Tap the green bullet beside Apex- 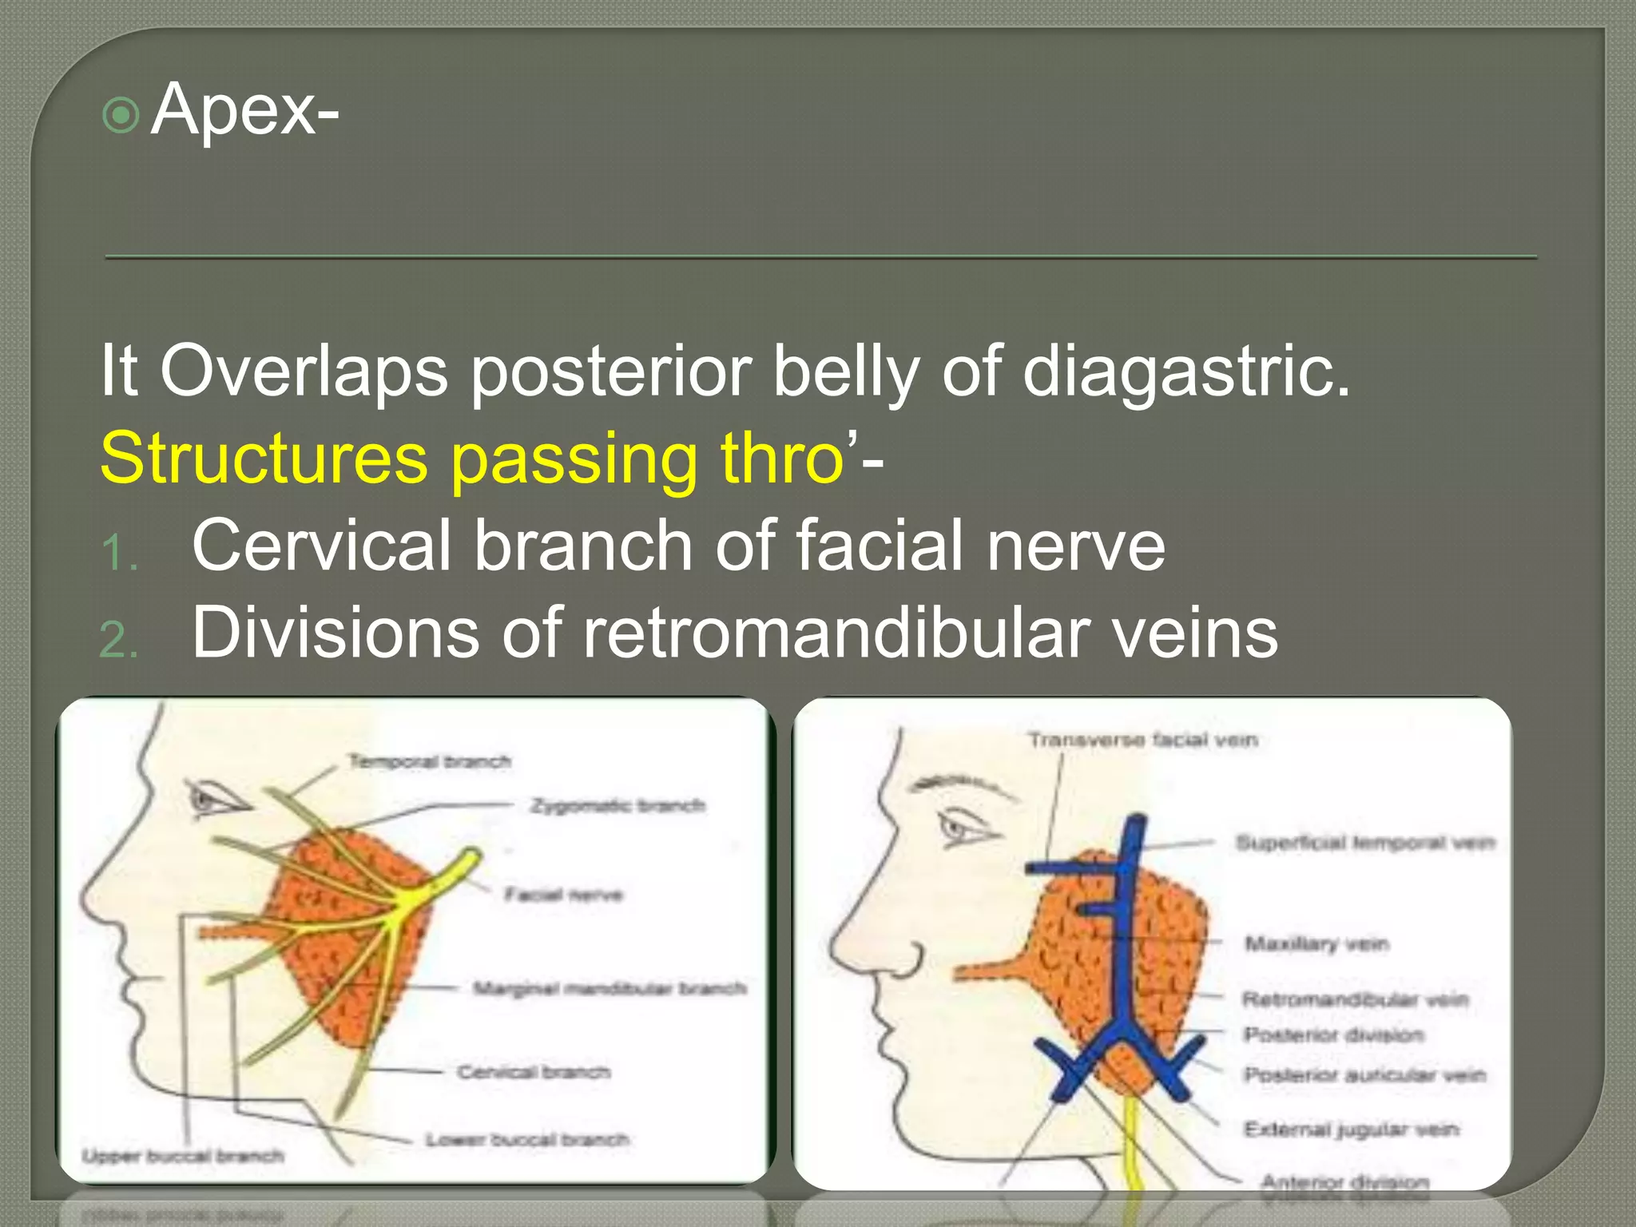pos(121,116)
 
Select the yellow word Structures pos(264,459)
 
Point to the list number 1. pos(120,553)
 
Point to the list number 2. pos(120,640)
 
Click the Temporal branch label pos(430,761)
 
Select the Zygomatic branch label pos(618,805)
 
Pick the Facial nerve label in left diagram pos(563,895)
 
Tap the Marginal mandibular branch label pos(610,989)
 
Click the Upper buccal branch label pos(183,1156)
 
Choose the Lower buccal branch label pos(527,1139)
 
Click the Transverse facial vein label pos(1142,741)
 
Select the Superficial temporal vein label pos(1364,843)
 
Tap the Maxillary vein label pos(1316,944)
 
